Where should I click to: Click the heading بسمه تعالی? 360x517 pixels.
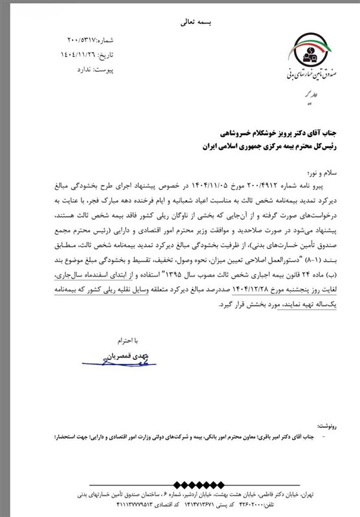pos(180,22)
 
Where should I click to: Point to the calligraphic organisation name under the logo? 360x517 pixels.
pos(309,77)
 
